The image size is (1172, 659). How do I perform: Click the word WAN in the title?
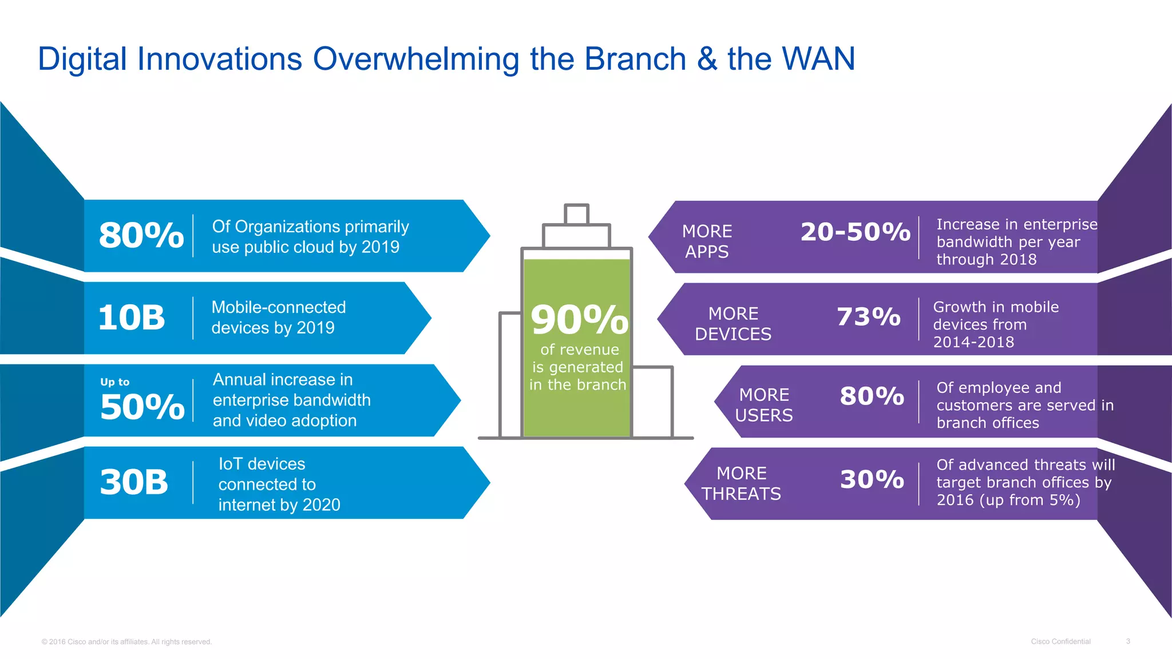(818, 59)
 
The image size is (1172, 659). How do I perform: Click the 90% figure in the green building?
(579, 320)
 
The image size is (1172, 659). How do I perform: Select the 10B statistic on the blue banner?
(132, 317)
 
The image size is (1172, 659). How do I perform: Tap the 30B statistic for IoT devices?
(134, 482)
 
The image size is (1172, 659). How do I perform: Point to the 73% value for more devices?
(868, 317)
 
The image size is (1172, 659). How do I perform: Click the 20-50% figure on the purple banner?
(855, 232)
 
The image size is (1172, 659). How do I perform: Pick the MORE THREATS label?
(741, 483)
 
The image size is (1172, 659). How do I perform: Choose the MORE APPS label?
(707, 241)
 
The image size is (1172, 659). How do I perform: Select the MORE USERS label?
(764, 405)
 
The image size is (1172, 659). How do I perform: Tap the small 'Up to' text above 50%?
(115, 382)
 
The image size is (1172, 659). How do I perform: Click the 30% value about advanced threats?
(872, 479)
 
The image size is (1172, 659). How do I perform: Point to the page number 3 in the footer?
(1127, 641)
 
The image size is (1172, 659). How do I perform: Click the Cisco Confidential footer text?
(1060, 641)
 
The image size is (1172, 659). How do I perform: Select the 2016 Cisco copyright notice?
(126, 642)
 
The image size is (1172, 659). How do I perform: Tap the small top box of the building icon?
(576, 214)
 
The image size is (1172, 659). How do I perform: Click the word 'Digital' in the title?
(82, 59)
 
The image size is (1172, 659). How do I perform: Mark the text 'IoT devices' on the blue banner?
(262, 463)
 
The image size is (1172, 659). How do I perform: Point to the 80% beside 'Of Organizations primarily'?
(141, 235)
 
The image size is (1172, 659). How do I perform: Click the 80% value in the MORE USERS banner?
(872, 396)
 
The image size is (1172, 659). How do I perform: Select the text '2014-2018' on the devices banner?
(973, 342)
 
